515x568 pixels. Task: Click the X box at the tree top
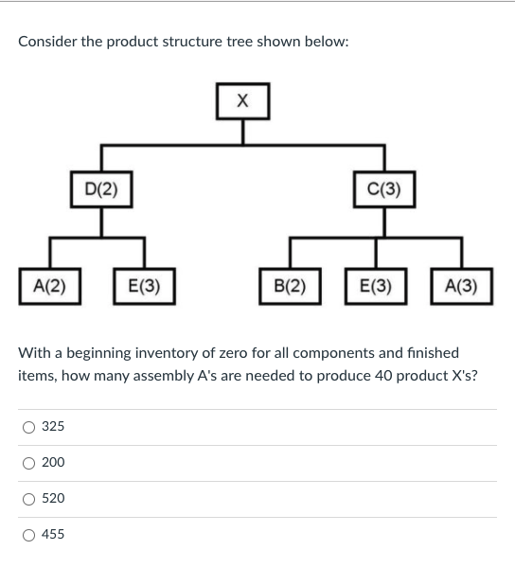point(241,100)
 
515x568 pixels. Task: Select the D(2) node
point(101,187)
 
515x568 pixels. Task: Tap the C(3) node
point(383,187)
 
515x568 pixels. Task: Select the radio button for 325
point(29,427)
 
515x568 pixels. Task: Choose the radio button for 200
point(29,463)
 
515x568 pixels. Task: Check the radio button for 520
point(29,499)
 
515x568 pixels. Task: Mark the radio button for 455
point(29,535)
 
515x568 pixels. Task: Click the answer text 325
point(54,427)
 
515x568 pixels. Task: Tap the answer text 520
point(54,499)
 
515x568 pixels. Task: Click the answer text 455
point(54,535)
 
